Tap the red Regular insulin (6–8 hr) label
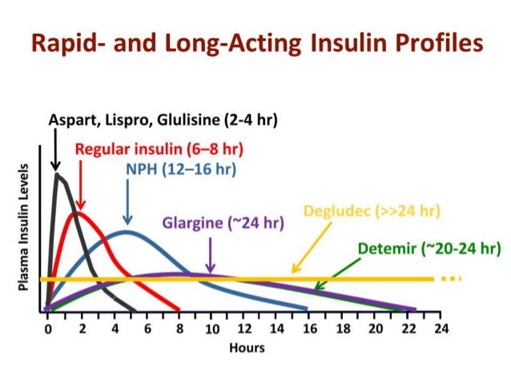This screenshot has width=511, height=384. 159,149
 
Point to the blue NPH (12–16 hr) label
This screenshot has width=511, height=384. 180,169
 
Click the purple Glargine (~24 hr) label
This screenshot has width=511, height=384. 223,222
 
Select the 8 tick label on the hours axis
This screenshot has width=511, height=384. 178,329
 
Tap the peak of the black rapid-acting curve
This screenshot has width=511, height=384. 58,174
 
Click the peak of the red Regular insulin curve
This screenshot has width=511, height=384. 77,212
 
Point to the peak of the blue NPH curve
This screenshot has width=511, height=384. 126,232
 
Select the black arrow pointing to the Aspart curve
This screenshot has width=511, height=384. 55,152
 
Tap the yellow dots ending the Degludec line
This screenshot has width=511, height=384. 452,279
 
